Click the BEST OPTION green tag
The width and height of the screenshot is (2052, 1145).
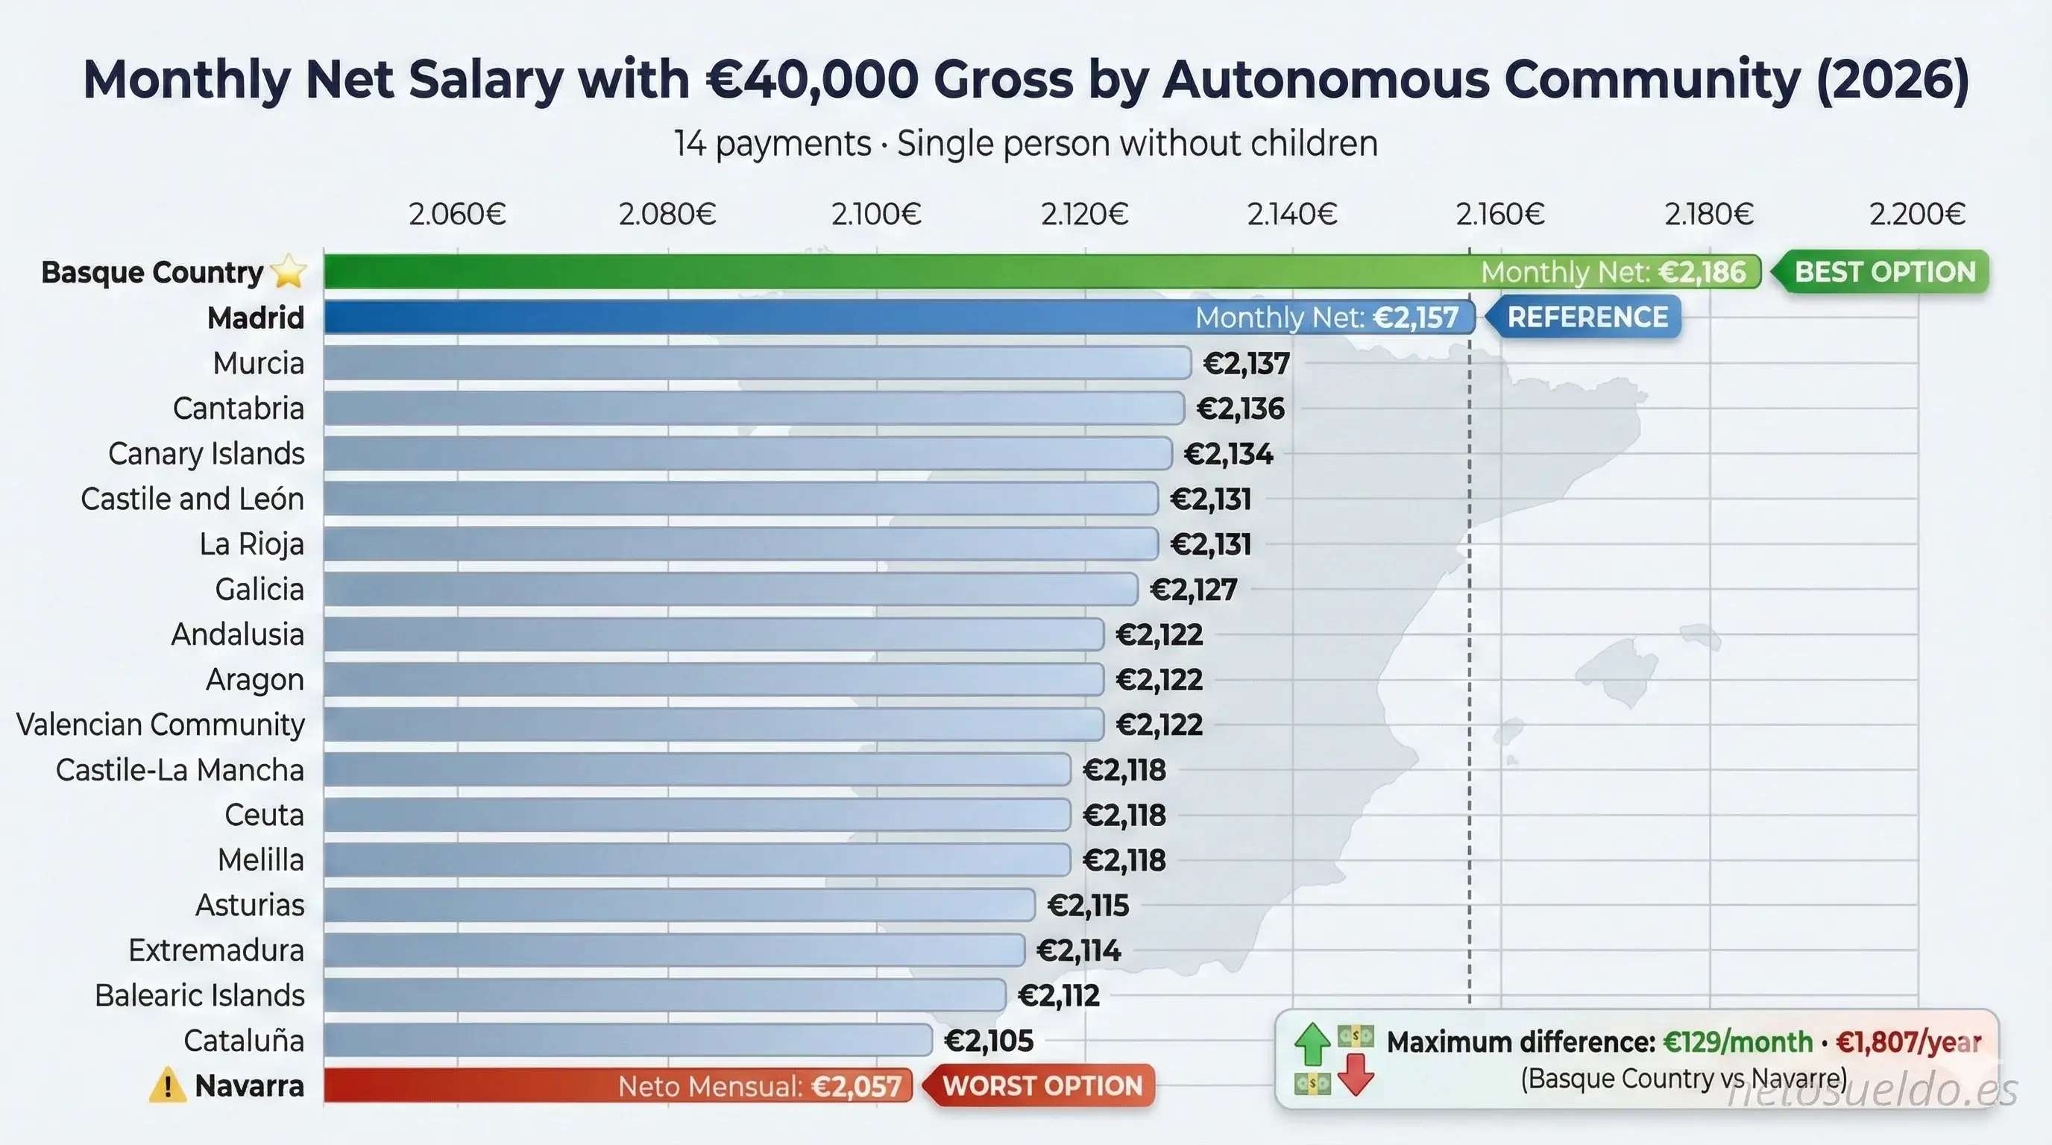pos(1884,272)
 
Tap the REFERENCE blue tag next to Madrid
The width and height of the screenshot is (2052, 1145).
pos(1587,318)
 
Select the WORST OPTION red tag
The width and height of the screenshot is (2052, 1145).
pos(1042,1086)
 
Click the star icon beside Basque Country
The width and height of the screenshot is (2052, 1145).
pos(289,272)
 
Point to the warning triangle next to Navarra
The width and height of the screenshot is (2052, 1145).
pos(167,1086)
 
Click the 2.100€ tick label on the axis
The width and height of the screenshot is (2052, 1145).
pos(876,214)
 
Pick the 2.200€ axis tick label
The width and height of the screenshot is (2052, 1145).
pos(1916,214)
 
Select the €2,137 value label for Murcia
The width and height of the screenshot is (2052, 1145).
pos(1246,364)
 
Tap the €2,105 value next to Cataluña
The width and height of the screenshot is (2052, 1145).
pos(989,1041)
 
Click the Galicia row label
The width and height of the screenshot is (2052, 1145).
pos(259,590)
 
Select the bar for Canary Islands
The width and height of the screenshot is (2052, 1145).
pos(747,454)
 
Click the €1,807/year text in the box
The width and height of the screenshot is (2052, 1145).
pos(1909,1042)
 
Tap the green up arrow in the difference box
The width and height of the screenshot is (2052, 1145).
pos(1312,1044)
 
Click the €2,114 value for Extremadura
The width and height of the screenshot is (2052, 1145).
pos(1077,950)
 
